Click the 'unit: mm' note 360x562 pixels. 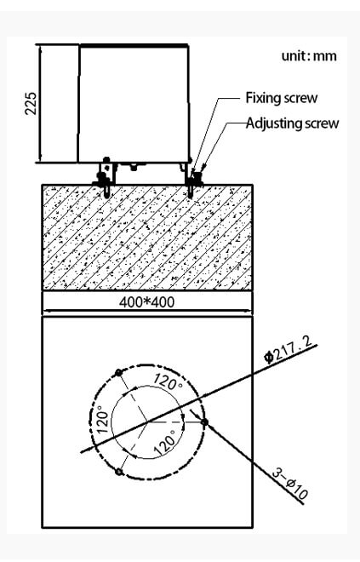pyautogui.click(x=309, y=56)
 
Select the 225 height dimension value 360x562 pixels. pyautogui.click(x=31, y=104)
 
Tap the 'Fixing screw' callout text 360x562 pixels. pyautogui.click(x=281, y=98)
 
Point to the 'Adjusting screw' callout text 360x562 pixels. pyautogui.click(x=292, y=123)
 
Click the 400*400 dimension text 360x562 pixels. pyautogui.click(x=147, y=302)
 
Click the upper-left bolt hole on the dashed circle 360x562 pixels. pyautogui.click(x=118, y=373)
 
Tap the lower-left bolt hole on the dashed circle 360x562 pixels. pyautogui.click(x=119, y=472)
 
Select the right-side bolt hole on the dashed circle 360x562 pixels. pyautogui.click(x=204, y=422)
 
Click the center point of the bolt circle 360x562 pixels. pyautogui.click(x=147, y=422)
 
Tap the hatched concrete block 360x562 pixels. pyautogui.click(x=147, y=238)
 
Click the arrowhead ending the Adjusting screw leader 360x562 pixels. pyautogui.click(x=203, y=168)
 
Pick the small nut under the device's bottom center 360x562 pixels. pyautogui.click(x=134, y=167)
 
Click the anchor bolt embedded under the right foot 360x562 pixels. pyautogui.click(x=190, y=192)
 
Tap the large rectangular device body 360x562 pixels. pyautogui.click(x=134, y=104)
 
